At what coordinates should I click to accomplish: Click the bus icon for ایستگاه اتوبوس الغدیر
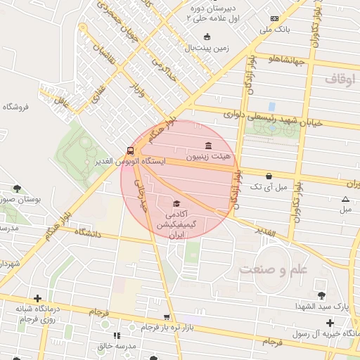[x=129, y=150]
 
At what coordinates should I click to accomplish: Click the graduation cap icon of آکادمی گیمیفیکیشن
[x=175, y=202]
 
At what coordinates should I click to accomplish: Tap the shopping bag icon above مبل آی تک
[x=269, y=176]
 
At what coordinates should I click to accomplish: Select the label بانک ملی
[x=274, y=30]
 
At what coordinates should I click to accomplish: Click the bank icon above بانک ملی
[x=274, y=18]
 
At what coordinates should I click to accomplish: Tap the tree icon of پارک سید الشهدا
[x=321, y=295]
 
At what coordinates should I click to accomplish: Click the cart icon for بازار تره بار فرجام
[x=167, y=317]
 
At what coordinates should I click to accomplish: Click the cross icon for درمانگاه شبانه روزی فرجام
[x=37, y=298]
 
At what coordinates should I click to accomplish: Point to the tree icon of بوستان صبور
[x=17, y=188]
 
